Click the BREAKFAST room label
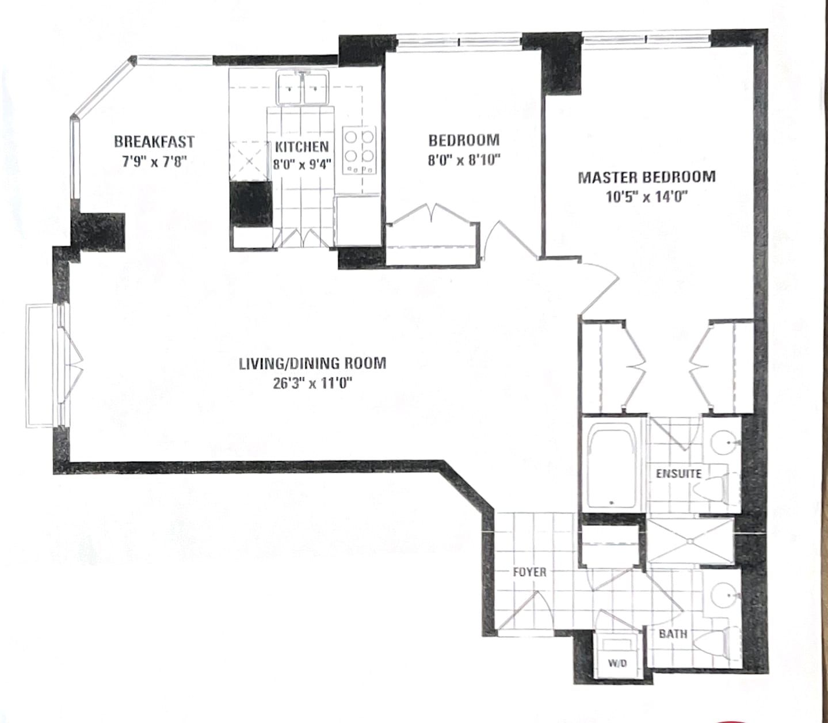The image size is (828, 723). point(154,142)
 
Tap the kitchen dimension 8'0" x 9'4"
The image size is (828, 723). point(302,165)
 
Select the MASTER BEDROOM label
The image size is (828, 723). point(647,177)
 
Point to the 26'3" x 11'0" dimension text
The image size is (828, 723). point(311,383)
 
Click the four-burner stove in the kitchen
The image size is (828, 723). point(360,150)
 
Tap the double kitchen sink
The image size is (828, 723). point(302,87)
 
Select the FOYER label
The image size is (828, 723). point(530,572)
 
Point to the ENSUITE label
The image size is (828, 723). point(678,474)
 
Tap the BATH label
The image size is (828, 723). point(673,634)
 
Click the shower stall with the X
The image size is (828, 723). point(690,541)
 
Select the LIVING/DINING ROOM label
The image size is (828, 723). point(312,363)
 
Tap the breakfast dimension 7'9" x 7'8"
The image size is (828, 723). point(154,162)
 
